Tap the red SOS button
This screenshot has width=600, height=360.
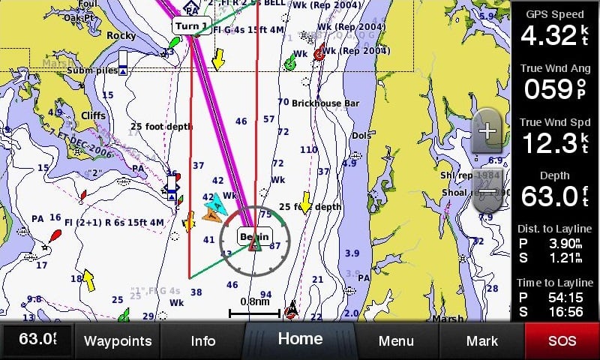click(x=562, y=340)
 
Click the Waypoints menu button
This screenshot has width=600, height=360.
click(x=118, y=340)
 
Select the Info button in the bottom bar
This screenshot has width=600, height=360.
click(x=203, y=340)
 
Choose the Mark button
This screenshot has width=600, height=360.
click(x=481, y=340)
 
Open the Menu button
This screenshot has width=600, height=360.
click(x=396, y=340)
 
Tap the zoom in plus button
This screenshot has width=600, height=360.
click(x=487, y=131)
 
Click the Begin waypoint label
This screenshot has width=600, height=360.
click(x=253, y=236)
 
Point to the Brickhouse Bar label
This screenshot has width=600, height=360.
click(x=325, y=103)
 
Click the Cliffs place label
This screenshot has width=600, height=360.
click(x=93, y=115)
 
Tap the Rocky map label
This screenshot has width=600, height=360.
click(x=121, y=35)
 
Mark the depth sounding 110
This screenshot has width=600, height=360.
click(x=308, y=150)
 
